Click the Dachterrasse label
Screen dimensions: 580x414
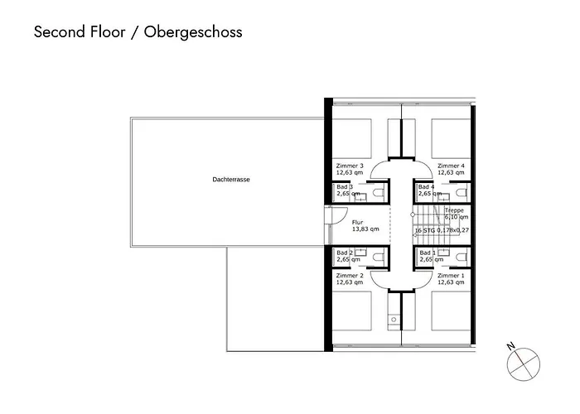coord(231,180)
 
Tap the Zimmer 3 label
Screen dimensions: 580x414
coord(350,166)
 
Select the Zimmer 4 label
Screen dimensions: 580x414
coord(451,166)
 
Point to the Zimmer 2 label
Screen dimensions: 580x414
coord(350,276)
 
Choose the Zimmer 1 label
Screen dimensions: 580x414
coord(451,276)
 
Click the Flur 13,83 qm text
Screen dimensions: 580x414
coord(365,226)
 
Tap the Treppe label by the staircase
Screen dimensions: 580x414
coord(454,210)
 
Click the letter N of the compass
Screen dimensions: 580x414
coord(511,347)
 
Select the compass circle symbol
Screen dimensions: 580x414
coord(524,364)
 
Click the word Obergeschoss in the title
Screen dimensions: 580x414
coord(193,32)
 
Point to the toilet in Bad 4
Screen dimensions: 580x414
coord(461,193)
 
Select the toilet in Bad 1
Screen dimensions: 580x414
coord(461,257)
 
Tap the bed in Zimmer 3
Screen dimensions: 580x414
coord(352,138)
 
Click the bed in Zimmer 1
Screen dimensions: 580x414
coord(451,310)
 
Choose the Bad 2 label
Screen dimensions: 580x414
coord(345,253)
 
